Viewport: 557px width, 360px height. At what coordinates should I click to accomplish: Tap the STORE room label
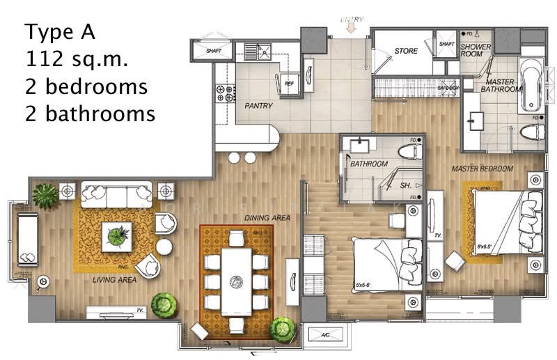406,51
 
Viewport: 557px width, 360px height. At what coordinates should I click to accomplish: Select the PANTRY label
258,106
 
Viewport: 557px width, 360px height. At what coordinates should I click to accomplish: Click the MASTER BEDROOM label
482,169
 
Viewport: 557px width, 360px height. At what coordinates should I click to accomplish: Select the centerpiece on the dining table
236,282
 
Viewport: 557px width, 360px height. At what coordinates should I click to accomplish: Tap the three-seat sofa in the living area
116,193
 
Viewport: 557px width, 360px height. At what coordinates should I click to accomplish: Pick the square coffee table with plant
116,237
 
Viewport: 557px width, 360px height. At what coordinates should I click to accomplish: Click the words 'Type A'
59,32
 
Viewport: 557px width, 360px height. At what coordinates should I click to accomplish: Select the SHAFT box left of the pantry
203,50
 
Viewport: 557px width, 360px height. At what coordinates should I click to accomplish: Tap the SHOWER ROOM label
476,50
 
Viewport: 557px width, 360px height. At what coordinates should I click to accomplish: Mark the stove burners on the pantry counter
226,96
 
